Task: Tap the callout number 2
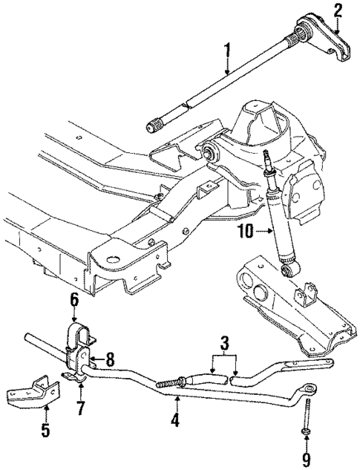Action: pyautogui.click(x=338, y=10)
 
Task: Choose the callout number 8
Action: pyautogui.click(x=111, y=357)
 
